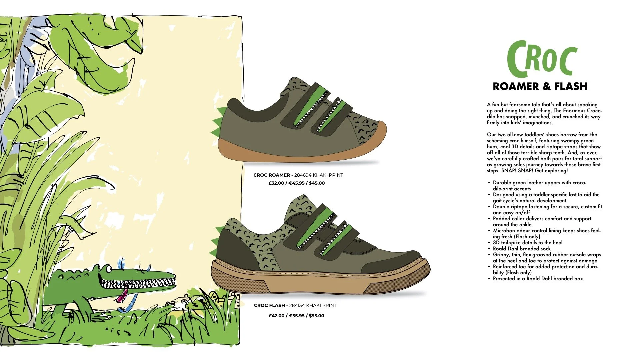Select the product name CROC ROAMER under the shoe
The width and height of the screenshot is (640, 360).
[272, 175]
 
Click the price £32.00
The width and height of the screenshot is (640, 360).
[276, 183]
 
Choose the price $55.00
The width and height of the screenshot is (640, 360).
[316, 316]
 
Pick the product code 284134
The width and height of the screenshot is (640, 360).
[298, 305]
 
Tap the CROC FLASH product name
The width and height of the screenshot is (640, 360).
[269, 305]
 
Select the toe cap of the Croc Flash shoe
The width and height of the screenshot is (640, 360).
[394, 260]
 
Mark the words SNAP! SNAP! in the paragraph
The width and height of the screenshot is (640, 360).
[517, 171]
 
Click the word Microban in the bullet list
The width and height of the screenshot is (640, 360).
[503, 231]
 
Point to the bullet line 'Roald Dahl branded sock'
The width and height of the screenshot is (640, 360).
[522, 249]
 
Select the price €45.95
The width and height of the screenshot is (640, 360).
[297, 183]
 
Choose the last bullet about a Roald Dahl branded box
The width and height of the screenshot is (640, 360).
[538, 279]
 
